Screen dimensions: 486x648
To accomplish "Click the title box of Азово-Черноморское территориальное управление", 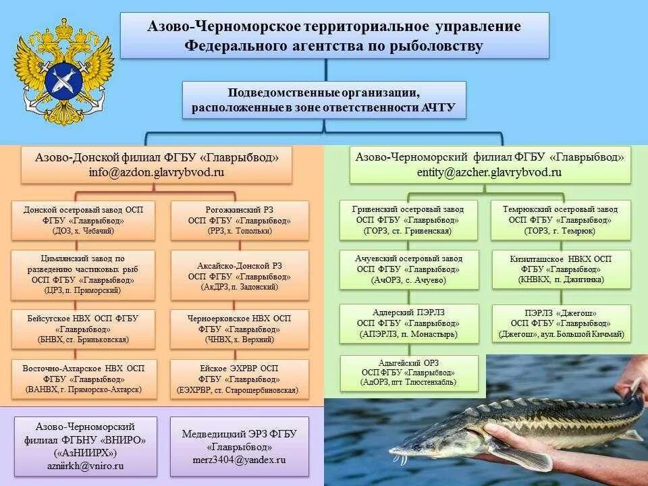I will (x=334, y=36).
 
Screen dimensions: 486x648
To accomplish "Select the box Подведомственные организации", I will (x=324, y=99).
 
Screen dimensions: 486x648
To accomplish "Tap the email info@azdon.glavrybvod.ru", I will (x=157, y=172).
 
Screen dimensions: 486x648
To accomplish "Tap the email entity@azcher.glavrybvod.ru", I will (x=489, y=172).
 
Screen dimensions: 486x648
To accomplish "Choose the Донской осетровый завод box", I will (x=83, y=220).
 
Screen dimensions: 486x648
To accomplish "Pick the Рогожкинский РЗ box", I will (x=240, y=220).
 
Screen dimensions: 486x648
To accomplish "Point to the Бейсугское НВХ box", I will (x=83, y=329).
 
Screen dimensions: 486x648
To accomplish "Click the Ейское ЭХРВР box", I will (x=240, y=379).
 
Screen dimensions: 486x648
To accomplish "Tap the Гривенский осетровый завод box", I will (x=407, y=220).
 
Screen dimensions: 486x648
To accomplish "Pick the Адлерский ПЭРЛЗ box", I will (x=407, y=323).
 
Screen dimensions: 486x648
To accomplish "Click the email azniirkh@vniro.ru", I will (x=85, y=466).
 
